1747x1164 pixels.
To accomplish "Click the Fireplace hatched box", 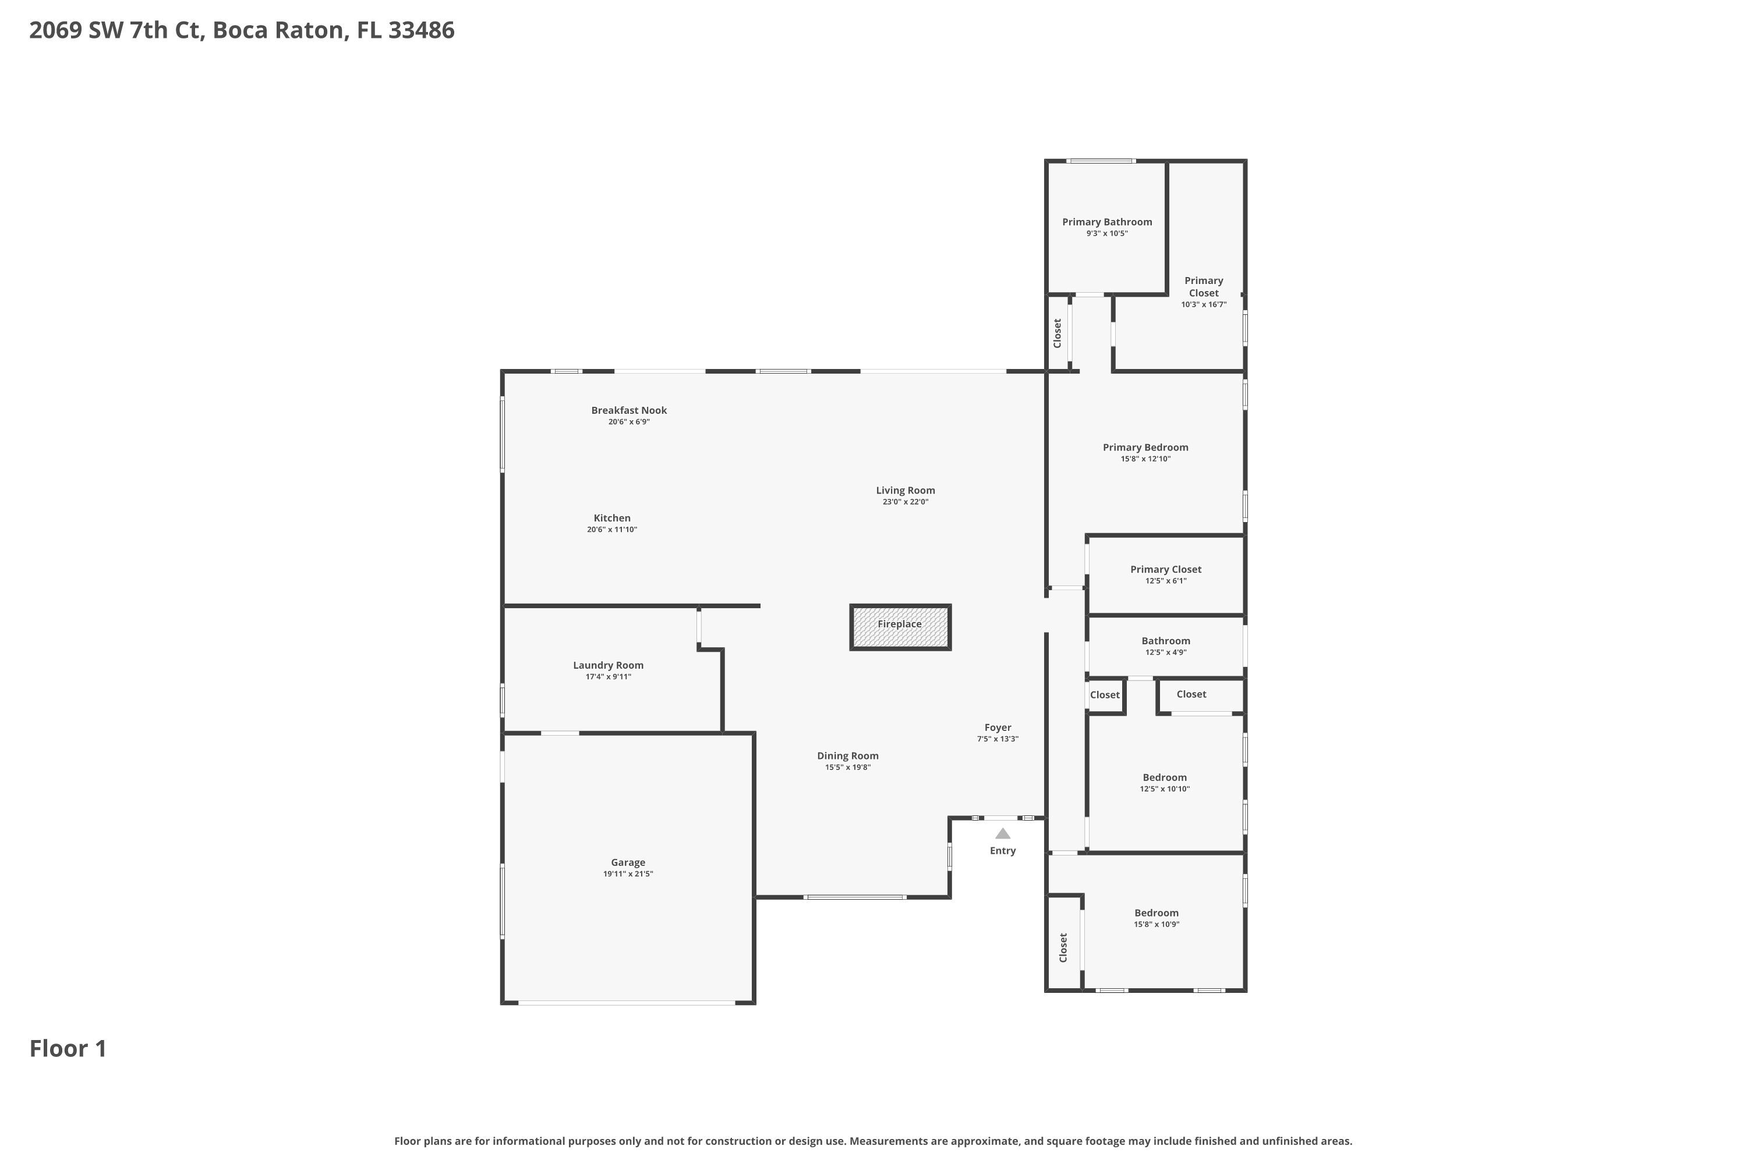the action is (900, 627).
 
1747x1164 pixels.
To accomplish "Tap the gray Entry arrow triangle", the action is (1003, 833).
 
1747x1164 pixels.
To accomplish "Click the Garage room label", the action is (628, 863).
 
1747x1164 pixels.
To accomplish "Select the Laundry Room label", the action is (609, 665).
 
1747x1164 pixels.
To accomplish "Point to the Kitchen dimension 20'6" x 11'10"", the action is (612, 529).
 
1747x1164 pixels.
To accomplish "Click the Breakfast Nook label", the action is (629, 410).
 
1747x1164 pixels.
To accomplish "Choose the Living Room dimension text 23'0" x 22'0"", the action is (906, 502).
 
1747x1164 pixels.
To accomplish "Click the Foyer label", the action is (998, 727).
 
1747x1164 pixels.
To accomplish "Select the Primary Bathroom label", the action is (1107, 222).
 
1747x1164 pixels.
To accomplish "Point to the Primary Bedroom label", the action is (1145, 447).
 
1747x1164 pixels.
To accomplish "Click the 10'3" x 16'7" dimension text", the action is (1204, 304).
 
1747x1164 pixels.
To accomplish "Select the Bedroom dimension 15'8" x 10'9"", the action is (1157, 924).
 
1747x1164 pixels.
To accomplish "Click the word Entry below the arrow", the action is (1003, 851).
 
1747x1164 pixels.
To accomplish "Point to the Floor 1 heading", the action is (68, 1048).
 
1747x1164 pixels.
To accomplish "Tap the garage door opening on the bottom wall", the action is (627, 1003).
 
